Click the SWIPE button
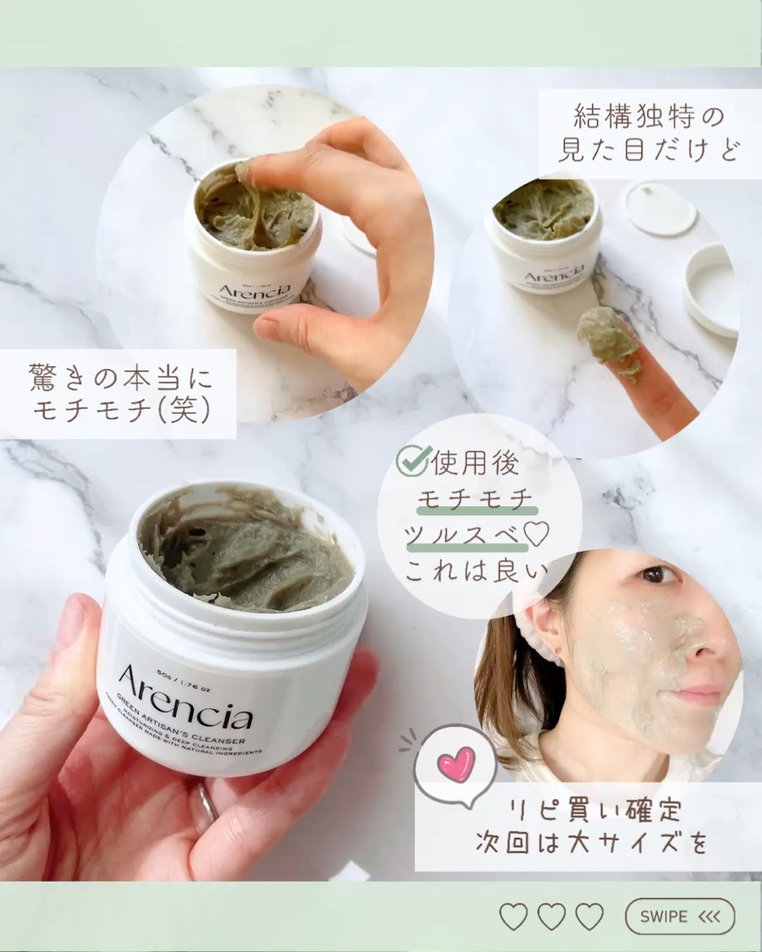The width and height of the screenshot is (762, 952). (680, 916)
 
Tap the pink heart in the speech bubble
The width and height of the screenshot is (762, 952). (456, 763)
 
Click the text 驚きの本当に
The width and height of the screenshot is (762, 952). (118, 374)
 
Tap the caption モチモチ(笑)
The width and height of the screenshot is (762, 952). (118, 411)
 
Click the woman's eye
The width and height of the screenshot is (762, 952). (654, 575)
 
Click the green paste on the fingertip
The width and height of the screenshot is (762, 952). (606, 333)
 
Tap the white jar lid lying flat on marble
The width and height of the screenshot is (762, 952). (660, 207)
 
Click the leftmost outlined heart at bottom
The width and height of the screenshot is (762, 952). (513, 916)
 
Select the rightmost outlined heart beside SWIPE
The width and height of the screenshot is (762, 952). (589, 916)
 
